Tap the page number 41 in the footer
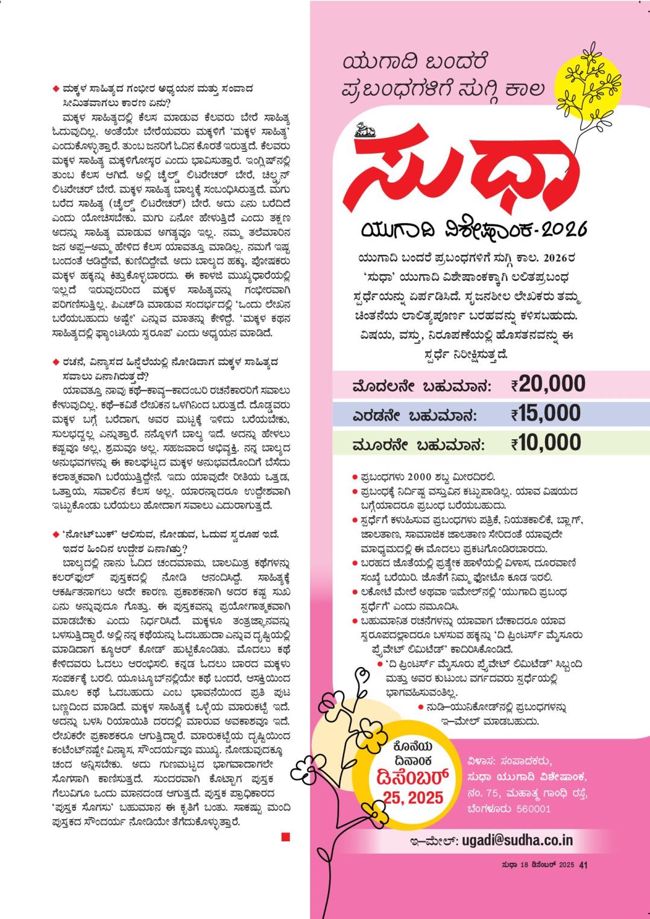pos(583,865)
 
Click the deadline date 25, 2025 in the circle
pos(413,798)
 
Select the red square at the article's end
pos(285,836)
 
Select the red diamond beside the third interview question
pos(56,534)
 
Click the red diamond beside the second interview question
pos(56,362)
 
